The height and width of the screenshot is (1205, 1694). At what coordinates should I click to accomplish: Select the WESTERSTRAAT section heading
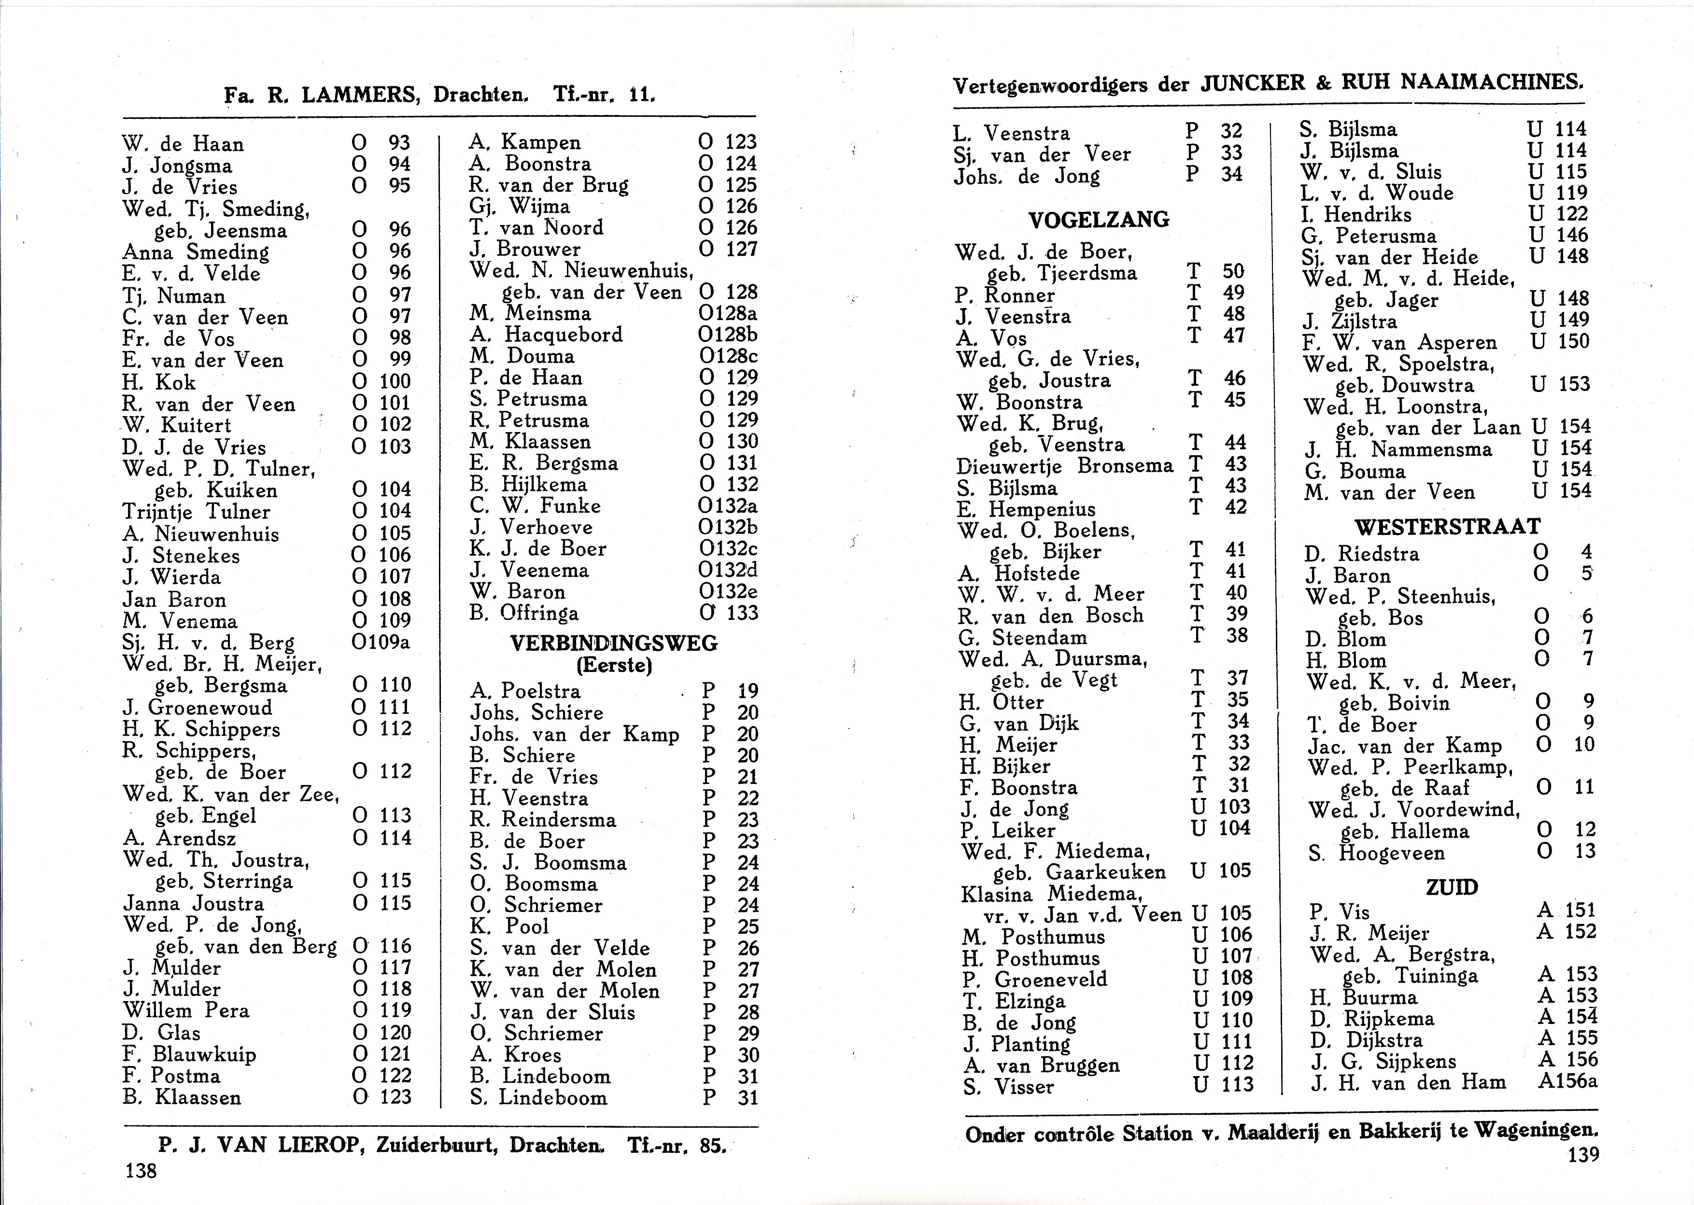point(1447,527)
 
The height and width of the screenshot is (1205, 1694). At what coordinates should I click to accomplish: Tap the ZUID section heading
point(1452,887)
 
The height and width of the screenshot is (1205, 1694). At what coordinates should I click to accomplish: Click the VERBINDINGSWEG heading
point(614,644)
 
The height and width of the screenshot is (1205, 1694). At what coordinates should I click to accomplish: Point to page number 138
point(141,1171)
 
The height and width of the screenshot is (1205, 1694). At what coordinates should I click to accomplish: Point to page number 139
point(1583,1154)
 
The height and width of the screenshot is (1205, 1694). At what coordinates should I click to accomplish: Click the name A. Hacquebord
point(546,335)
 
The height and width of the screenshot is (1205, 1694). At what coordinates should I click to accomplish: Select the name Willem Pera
point(186,1010)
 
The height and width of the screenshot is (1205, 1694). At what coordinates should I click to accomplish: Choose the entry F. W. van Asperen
point(1399,343)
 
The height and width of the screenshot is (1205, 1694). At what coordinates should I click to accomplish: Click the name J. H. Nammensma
point(1398,449)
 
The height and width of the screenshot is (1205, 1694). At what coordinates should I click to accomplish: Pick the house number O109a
point(381,642)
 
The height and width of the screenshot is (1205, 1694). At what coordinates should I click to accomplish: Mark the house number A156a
point(1567,1081)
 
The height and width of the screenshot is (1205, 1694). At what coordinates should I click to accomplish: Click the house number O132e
point(728,591)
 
